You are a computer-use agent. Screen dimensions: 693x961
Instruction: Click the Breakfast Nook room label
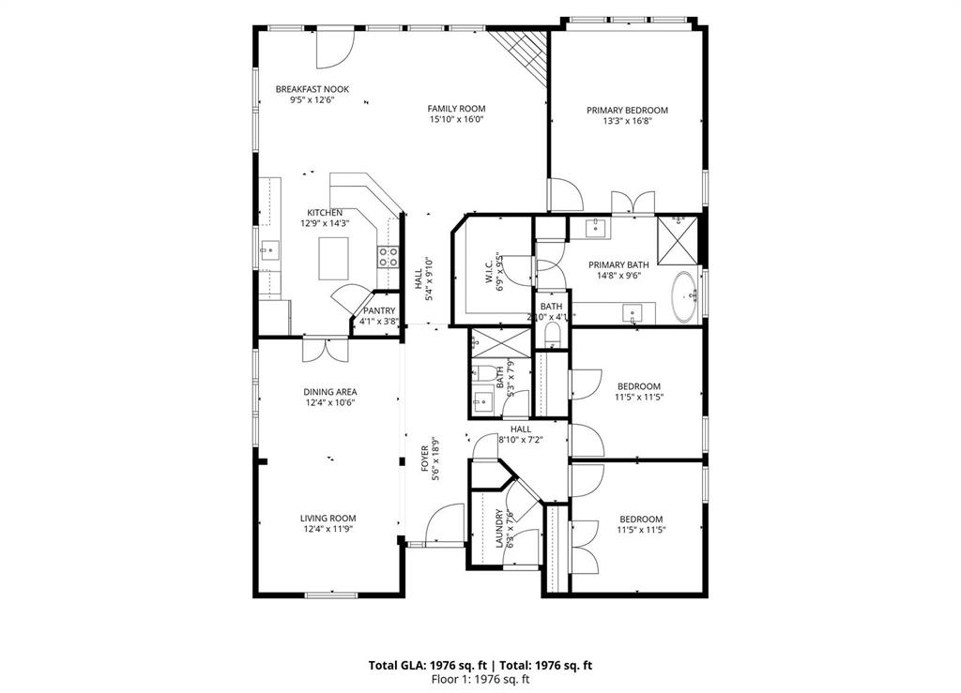click(298, 89)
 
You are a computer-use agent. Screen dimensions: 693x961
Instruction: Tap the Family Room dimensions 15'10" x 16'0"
click(456, 120)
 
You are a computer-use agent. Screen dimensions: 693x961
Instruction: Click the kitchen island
click(333, 258)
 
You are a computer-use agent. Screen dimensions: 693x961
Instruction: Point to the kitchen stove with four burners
click(387, 257)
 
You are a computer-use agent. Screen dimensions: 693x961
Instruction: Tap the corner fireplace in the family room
click(527, 52)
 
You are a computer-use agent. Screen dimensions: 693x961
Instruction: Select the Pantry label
click(379, 310)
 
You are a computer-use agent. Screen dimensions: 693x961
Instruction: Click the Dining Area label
click(328, 392)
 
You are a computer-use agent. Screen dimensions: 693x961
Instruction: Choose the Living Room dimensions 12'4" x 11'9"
click(328, 529)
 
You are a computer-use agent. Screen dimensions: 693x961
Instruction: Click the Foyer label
click(424, 459)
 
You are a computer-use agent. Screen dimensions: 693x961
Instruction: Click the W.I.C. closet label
click(490, 273)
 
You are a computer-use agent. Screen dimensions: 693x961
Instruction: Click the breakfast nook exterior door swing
click(333, 49)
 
